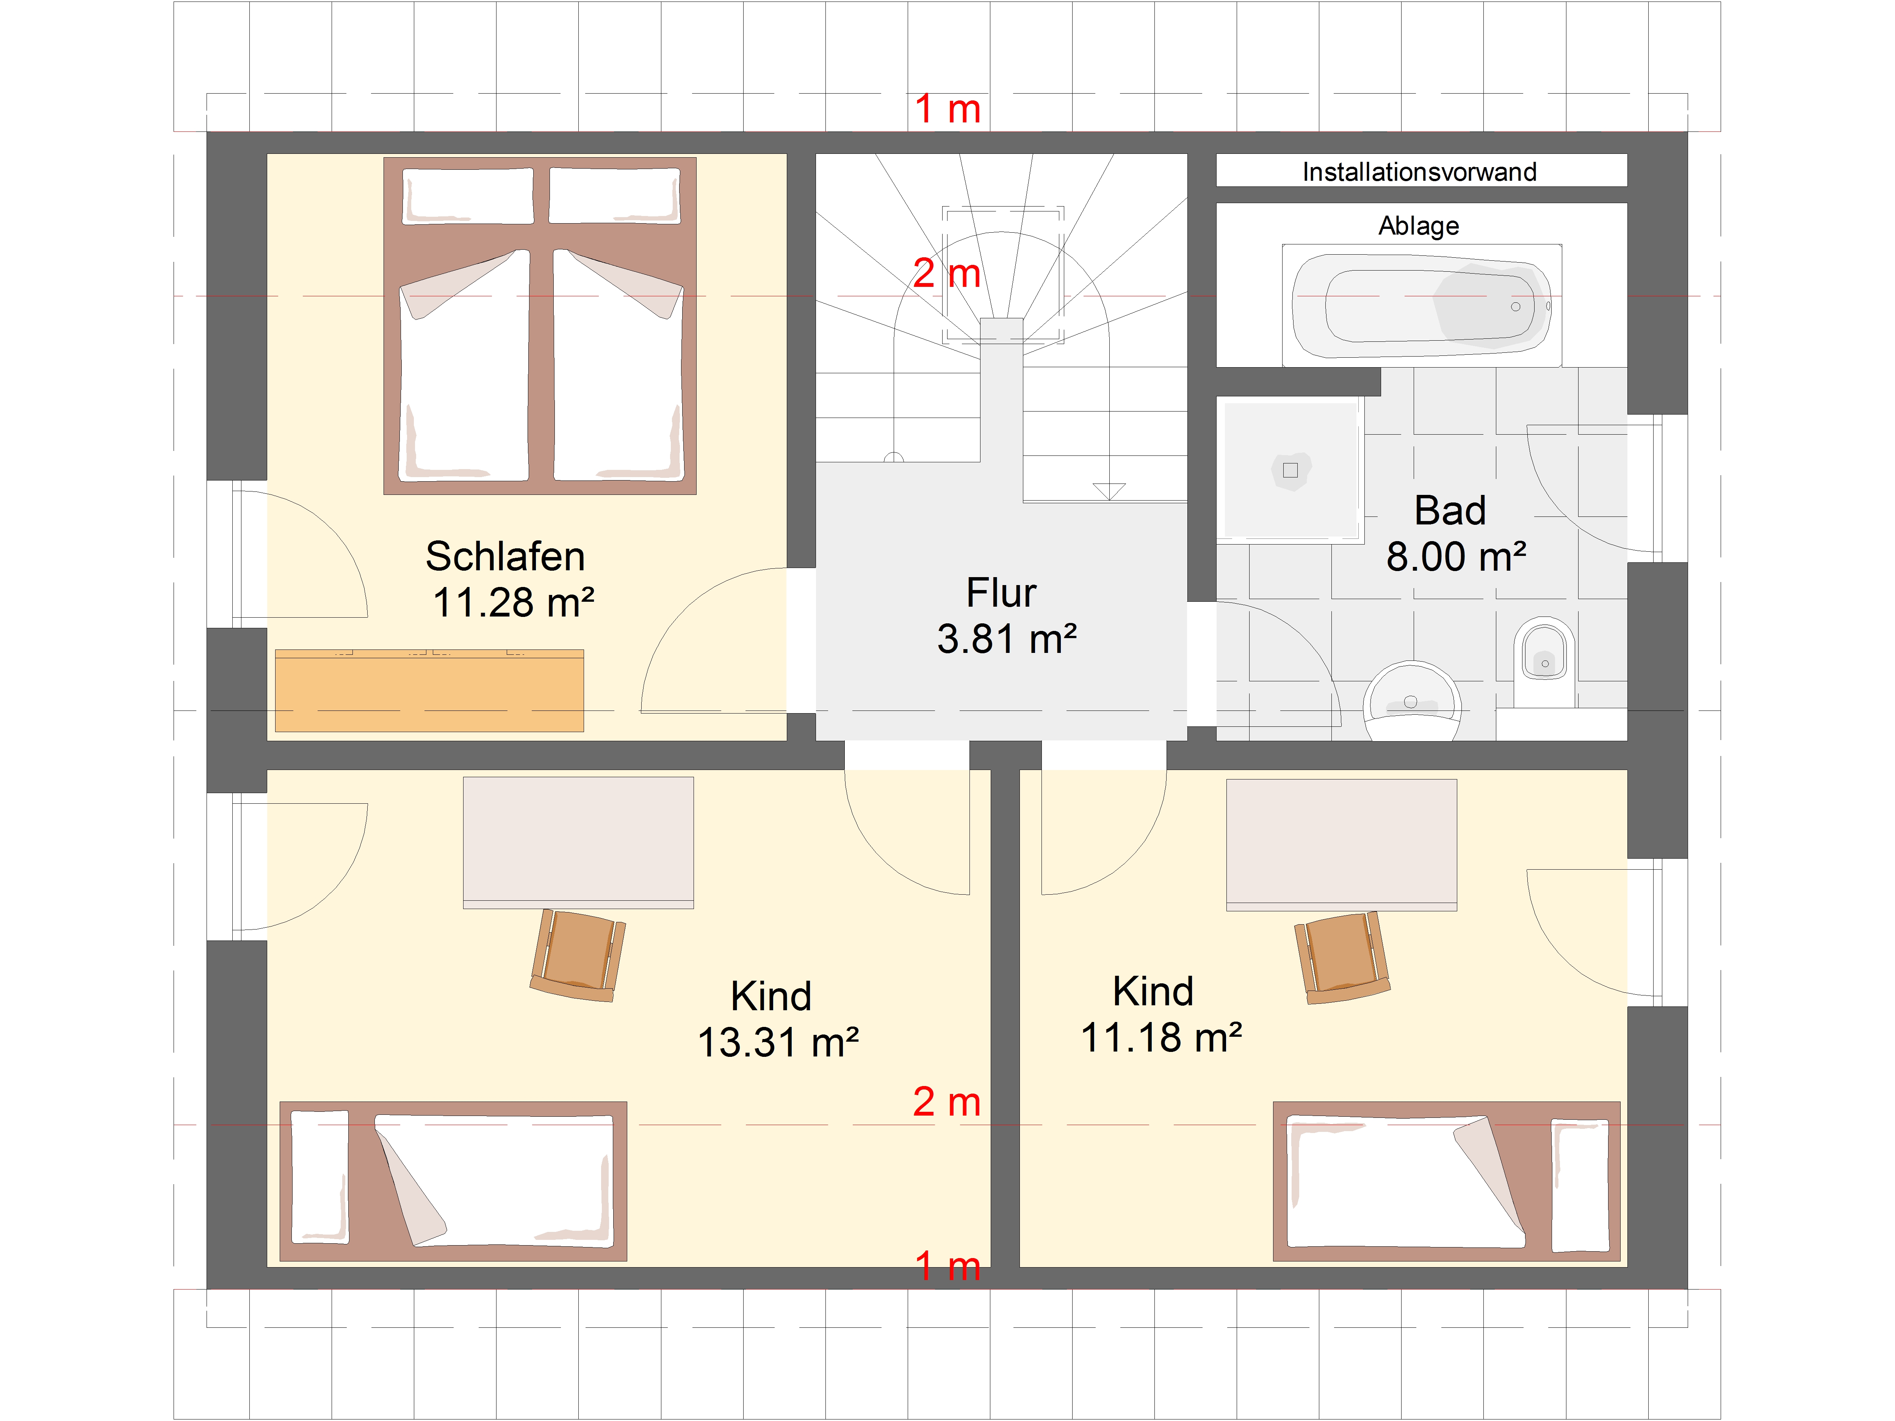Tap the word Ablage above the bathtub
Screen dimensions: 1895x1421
click(1419, 226)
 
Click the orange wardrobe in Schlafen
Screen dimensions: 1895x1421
click(429, 690)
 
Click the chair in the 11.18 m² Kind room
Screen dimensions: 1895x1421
click(1342, 957)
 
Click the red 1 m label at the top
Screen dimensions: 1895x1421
click(947, 110)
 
